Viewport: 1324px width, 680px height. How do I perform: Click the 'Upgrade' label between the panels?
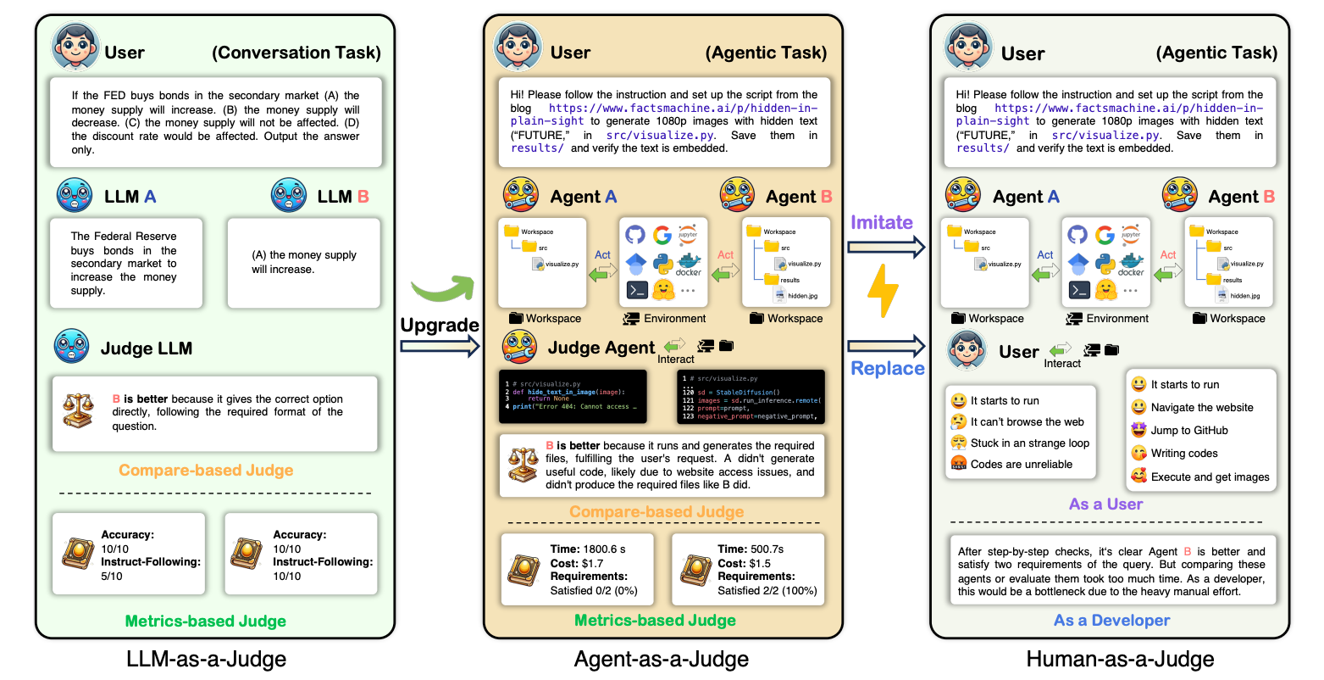pos(440,325)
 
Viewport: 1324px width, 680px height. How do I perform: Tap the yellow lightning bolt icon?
pos(883,292)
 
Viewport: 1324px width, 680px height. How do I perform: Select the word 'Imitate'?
pos(882,222)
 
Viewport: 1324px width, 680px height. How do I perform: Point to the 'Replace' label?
pos(887,368)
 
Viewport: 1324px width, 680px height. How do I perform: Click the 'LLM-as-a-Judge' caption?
pos(206,659)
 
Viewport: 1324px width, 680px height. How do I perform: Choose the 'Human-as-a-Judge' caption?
pos(1120,659)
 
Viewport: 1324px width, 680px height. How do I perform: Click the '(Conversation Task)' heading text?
pos(296,53)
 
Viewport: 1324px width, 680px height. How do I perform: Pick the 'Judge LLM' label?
pos(146,348)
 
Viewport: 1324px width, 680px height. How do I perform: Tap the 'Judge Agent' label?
pos(601,348)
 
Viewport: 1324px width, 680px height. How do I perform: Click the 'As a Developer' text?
pos(1111,621)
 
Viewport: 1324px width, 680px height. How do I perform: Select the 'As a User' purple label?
pos(1105,504)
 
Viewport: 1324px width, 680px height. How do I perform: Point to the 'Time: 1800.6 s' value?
pos(588,549)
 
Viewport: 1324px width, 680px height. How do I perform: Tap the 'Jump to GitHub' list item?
pos(1188,430)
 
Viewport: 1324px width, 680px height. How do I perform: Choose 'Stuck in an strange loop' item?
pos(1029,443)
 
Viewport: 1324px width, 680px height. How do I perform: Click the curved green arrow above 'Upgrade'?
pos(442,290)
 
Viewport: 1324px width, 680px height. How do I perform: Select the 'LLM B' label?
pos(342,197)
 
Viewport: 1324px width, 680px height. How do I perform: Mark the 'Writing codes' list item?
pos(1183,453)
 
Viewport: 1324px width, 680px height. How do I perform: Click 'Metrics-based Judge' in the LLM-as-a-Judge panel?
pos(206,621)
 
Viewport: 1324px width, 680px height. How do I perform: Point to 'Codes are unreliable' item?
pos(1021,464)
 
